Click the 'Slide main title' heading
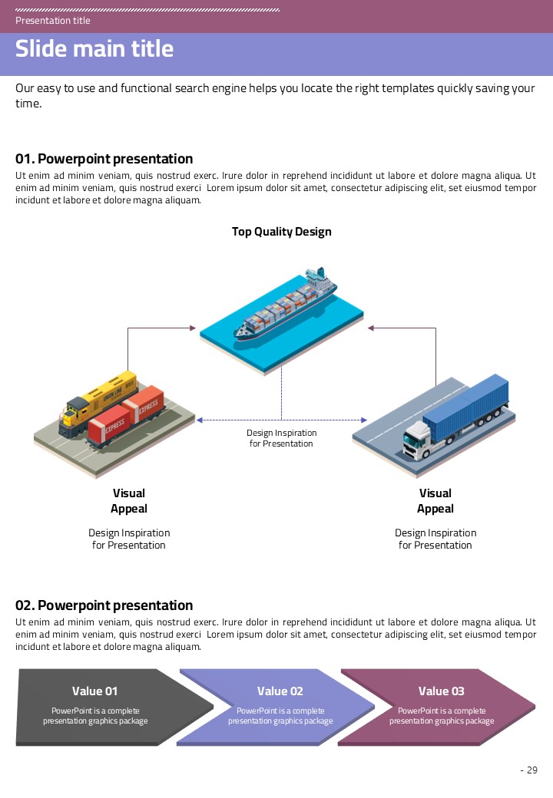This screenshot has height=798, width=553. coord(94,49)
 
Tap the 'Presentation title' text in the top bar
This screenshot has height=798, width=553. coord(52,21)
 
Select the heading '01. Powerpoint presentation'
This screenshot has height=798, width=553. coord(104,159)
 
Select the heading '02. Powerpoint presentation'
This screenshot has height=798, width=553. coord(104,605)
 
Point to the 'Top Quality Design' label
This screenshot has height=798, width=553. coord(282,232)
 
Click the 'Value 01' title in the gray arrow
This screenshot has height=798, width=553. coord(95,691)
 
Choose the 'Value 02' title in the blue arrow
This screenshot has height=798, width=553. coord(280,691)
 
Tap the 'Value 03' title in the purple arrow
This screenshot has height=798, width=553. coord(442,691)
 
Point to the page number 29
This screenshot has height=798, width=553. coord(531,770)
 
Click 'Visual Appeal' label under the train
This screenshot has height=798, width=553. coord(129,501)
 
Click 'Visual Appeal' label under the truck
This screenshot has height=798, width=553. coord(435,501)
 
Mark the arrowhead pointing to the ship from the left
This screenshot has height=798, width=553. coord(193,328)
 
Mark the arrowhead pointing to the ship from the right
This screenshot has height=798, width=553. coord(371,328)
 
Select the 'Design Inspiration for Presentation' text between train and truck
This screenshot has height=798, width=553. coord(281,438)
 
